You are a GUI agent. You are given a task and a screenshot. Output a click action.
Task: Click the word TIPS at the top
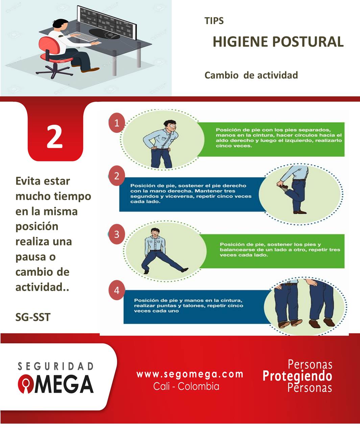point(214,21)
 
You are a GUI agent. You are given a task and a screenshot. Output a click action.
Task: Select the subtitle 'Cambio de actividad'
point(251,75)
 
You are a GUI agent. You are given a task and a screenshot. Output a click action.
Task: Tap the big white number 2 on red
point(55,137)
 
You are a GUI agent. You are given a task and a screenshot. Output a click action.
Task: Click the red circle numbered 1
point(117,123)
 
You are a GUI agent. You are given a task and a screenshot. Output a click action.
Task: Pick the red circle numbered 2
point(117,176)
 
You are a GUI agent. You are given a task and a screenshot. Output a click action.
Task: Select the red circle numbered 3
point(117,234)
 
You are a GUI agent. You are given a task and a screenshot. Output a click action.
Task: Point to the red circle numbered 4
point(117,290)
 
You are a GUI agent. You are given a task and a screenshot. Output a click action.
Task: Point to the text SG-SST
point(33,317)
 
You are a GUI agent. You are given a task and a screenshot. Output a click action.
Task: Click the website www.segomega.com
point(190,374)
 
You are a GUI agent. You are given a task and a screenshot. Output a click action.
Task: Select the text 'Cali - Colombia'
point(186,386)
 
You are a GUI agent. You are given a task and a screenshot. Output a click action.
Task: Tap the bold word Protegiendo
point(297,376)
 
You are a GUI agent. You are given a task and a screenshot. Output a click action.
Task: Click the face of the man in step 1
point(172,128)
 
